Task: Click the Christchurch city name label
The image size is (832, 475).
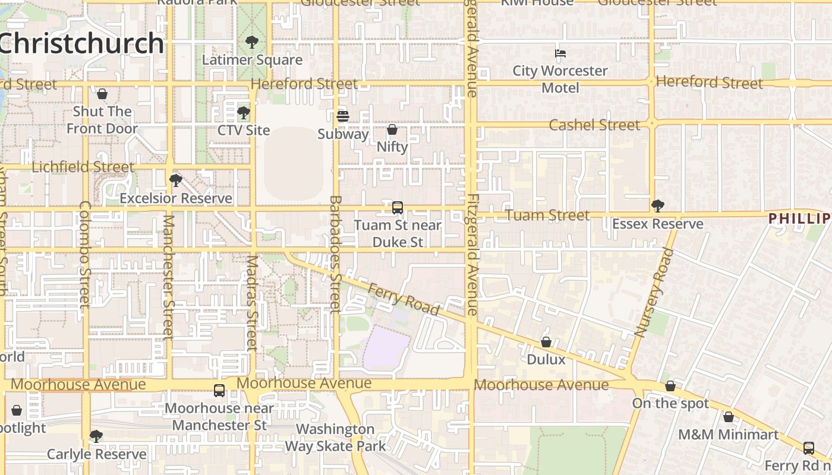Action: click(x=82, y=43)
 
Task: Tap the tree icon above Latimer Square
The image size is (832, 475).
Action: click(x=252, y=42)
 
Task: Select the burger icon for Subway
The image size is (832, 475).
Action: click(x=343, y=116)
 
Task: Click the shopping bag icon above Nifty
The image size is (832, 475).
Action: click(x=392, y=129)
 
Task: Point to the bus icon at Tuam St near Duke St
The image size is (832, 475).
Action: click(x=398, y=208)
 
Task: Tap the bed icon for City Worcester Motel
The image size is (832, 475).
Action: click(x=560, y=53)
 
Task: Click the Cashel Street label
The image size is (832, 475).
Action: click(x=594, y=125)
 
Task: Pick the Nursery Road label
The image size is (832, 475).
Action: click(x=654, y=293)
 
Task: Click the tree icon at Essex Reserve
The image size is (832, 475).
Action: click(x=657, y=206)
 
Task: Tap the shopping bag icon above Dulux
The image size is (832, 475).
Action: click(x=546, y=342)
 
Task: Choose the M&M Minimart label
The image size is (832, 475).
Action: click(x=728, y=435)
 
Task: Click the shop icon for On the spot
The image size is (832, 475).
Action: click(x=670, y=386)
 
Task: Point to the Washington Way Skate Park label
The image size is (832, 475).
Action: click(x=335, y=438)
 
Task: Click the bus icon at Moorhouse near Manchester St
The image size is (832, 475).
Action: click(x=219, y=390)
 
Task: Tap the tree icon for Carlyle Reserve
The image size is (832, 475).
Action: click(x=96, y=437)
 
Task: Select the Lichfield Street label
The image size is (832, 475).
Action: click(x=83, y=167)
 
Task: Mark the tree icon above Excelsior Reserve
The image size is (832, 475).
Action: click(x=175, y=180)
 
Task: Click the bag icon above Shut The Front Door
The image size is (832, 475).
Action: click(x=102, y=94)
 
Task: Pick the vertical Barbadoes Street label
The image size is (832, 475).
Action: click(x=335, y=254)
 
